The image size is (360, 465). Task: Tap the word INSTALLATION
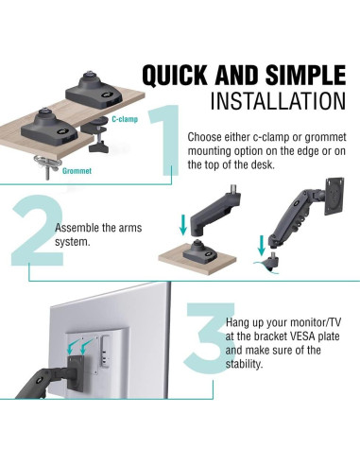pos(271,101)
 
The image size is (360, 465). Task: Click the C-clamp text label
pos(126,120)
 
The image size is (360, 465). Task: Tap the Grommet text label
pos(51,172)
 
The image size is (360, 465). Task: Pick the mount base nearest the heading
pos(94,92)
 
